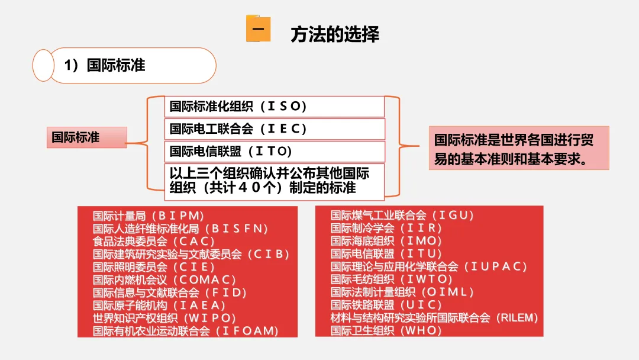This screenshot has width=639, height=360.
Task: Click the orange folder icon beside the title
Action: [258, 30]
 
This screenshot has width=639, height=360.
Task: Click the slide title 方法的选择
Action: [334, 34]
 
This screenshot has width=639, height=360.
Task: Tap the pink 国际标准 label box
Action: [87, 137]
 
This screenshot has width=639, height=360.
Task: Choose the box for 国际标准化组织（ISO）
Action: [275, 107]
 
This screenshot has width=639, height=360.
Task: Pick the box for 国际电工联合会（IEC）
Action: [275, 128]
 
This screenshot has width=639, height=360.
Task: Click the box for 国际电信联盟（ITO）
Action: [275, 151]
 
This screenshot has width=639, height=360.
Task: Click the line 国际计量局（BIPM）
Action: [149, 216]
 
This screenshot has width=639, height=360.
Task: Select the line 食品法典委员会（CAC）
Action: [154, 241]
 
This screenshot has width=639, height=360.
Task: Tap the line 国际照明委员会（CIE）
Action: [154, 266]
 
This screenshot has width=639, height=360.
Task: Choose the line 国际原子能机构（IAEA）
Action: [160, 305]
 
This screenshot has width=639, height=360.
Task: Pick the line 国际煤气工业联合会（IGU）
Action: [402, 216]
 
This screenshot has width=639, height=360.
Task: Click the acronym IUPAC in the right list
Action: [498, 266]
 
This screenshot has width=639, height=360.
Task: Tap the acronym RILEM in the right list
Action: [517, 318]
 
